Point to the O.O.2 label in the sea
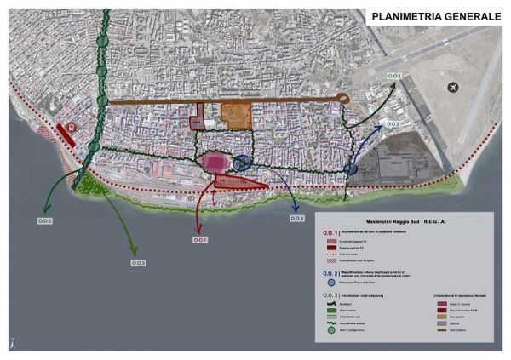pyautogui.click(x=296, y=219)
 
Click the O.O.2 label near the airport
pyautogui.click(x=393, y=124)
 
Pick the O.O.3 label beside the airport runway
pyautogui.click(x=395, y=77)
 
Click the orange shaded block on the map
pyautogui.click(x=236, y=114)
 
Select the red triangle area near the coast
pyautogui.click(x=241, y=181)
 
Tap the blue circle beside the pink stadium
pyautogui.click(x=241, y=162)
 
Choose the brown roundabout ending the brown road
pyautogui.click(x=344, y=99)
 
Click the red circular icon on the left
pyautogui.click(x=73, y=128)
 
